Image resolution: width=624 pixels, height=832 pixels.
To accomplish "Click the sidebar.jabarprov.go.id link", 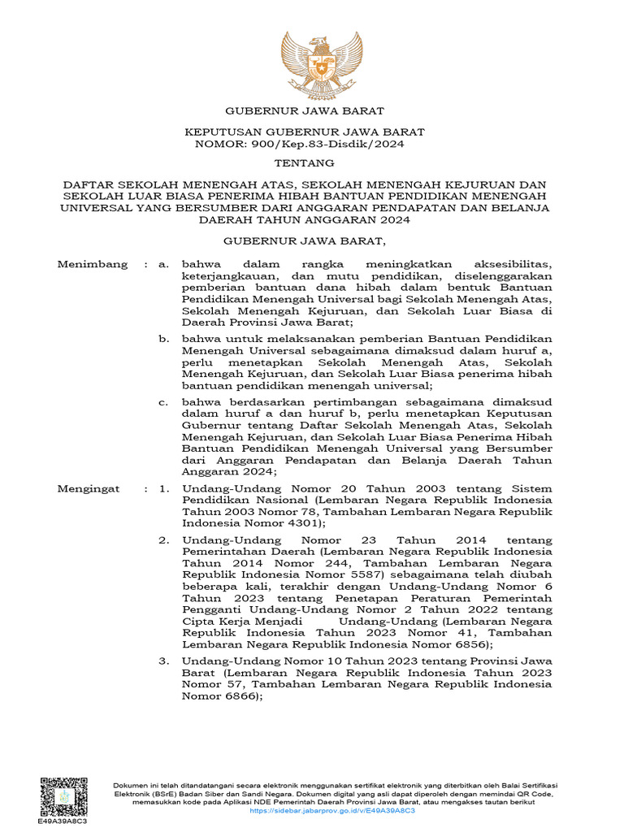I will pos(332,811).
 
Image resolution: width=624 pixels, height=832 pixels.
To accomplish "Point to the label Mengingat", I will pos(89,489).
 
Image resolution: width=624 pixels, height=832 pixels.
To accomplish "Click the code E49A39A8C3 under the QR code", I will pos(63,821).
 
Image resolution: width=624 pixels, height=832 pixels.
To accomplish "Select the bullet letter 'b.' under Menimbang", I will pos(164,339).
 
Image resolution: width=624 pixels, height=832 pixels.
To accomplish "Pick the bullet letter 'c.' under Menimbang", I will pos(164,401).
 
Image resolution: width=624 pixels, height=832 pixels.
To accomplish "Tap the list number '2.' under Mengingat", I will pos(164,539).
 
